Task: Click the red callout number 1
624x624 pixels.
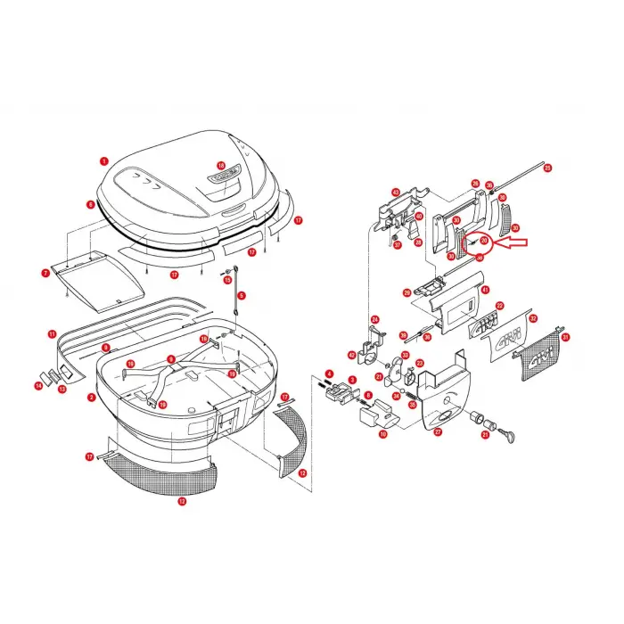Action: [103, 162]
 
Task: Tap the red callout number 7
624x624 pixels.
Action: [45, 272]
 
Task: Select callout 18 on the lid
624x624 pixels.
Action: [221, 165]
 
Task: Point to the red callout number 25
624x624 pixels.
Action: [547, 168]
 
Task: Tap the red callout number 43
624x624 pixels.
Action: [396, 192]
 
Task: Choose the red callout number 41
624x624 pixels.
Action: [486, 290]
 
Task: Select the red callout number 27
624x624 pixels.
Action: [438, 431]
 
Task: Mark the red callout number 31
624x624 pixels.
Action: [565, 337]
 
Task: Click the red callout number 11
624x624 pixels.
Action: [53, 333]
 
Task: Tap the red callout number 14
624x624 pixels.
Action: [38, 386]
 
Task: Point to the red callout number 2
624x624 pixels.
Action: [92, 398]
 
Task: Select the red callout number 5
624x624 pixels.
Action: [241, 295]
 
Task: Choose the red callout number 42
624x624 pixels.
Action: [352, 355]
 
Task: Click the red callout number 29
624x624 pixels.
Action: [406, 292]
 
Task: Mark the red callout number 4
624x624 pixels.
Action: [329, 374]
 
